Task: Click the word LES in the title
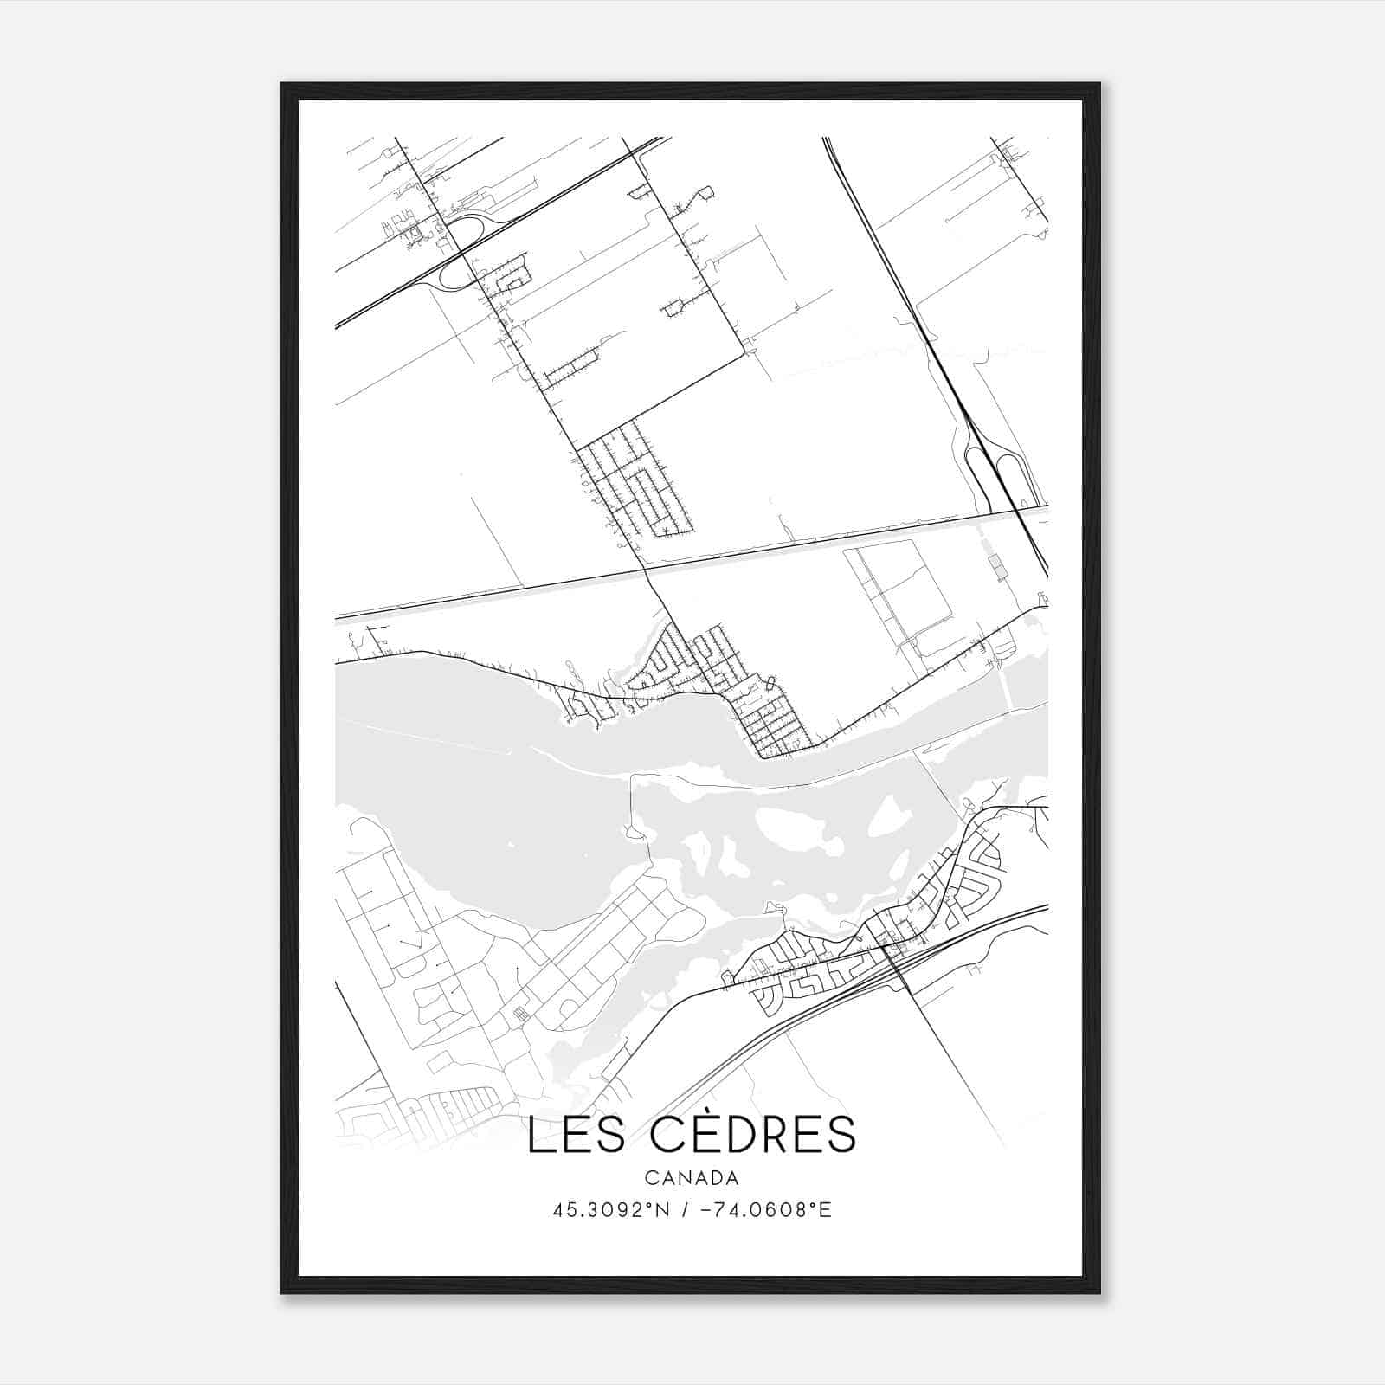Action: [576, 1136]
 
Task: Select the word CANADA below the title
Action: [692, 1178]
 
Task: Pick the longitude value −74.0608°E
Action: [767, 1210]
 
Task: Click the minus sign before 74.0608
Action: [706, 1210]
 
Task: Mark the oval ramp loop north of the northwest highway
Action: [466, 230]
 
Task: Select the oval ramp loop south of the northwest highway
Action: [454, 276]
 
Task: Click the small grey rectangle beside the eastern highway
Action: [998, 568]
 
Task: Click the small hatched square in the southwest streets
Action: [519, 1014]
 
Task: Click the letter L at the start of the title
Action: [538, 1136]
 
